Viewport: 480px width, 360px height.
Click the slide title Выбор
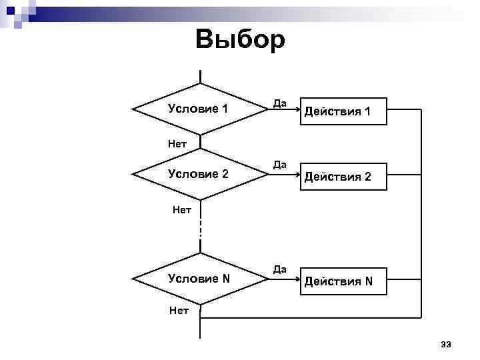pyautogui.click(x=240, y=39)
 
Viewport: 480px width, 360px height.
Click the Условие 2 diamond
pyautogui.click(x=199, y=174)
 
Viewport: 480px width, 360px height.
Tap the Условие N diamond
pyautogui.click(x=199, y=279)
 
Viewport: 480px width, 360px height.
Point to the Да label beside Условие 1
pyautogui.click(x=279, y=103)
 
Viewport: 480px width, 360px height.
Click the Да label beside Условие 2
pyautogui.click(x=279, y=165)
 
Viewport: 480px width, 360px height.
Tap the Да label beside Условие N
pyautogui.click(x=279, y=269)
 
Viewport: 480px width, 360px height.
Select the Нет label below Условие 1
pyautogui.click(x=177, y=143)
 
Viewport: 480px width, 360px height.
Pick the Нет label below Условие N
pyautogui.click(x=179, y=309)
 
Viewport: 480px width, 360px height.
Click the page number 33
pyautogui.click(x=446, y=344)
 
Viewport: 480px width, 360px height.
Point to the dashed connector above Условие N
pyautogui.click(x=199, y=230)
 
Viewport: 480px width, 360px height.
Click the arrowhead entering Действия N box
pyautogui.click(x=292, y=279)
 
